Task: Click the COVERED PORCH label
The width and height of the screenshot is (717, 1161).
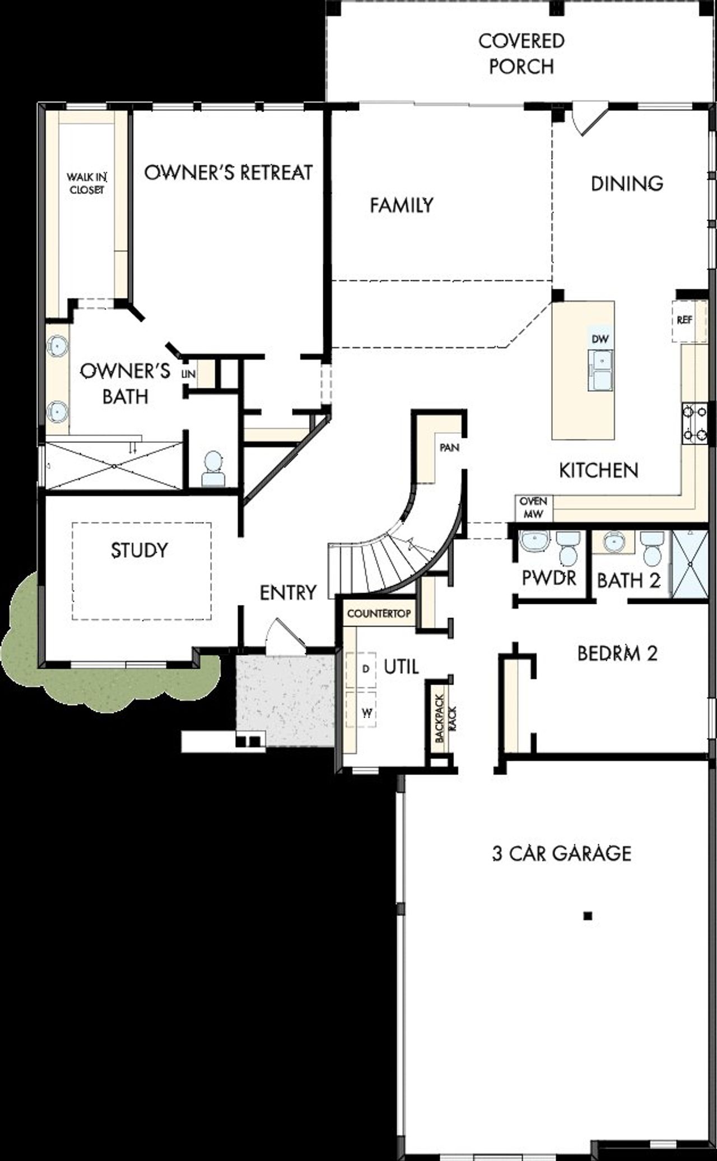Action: click(521, 54)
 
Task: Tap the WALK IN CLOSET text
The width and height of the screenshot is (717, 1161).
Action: click(87, 183)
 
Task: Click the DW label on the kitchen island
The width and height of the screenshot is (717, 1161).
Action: click(599, 339)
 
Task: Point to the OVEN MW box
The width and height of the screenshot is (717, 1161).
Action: click(533, 506)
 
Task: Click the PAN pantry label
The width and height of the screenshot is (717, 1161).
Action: click(449, 448)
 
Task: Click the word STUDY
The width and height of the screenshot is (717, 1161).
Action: click(139, 550)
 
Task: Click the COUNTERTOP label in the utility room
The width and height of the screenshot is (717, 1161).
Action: click(379, 613)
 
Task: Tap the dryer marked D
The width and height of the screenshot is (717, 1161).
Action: click(366, 669)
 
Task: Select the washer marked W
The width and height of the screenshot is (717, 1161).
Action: click(366, 713)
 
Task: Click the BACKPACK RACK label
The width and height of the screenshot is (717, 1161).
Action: click(445, 719)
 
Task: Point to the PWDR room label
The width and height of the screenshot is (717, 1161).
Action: click(549, 578)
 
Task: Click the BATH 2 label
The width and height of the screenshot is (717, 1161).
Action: click(628, 580)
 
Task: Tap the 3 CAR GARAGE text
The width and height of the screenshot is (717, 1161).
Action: click(561, 853)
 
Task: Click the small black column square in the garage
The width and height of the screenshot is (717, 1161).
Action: click(588, 917)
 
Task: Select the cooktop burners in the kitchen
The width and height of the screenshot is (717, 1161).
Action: click(694, 423)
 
